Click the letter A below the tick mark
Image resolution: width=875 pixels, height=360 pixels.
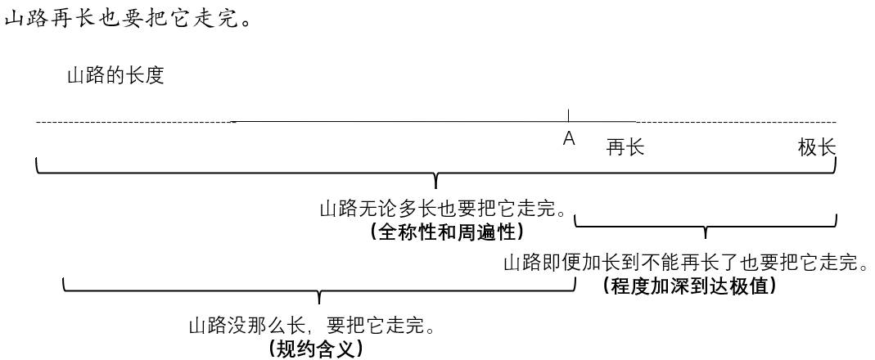(569, 140)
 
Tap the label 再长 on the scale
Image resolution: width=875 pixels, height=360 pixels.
(625, 147)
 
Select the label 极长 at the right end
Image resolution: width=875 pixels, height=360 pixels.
(817, 147)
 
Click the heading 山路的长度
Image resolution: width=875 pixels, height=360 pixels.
(115, 76)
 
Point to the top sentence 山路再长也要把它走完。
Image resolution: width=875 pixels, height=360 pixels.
(127, 18)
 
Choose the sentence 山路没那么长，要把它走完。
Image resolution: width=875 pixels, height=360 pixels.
(311, 326)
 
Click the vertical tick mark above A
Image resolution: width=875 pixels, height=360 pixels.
(569, 115)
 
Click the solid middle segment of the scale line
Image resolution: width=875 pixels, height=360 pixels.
(409, 122)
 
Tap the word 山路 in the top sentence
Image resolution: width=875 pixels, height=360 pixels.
(25, 18)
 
